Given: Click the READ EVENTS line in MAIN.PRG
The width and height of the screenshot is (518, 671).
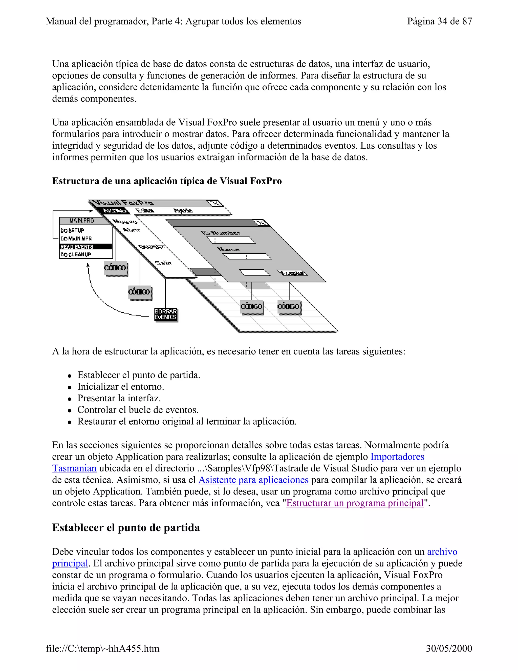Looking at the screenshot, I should coord(85,247).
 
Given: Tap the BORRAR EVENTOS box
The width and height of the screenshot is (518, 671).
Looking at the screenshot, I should coord(166,314).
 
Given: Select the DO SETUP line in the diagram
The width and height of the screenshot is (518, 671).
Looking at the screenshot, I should coord(72,230).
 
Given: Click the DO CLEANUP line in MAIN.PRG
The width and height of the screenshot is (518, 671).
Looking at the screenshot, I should coord(76,254).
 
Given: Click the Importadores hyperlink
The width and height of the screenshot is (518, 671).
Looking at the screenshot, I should coord(397,457).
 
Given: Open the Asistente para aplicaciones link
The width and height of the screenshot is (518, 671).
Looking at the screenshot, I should coord(253,480).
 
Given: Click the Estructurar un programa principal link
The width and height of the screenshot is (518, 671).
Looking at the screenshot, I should coord(355,503).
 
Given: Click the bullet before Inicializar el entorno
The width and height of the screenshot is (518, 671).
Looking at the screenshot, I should coord(70,387).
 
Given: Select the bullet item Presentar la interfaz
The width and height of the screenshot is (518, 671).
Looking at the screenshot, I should coord(119,398).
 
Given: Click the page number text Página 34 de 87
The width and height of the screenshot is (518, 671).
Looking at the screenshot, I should coord(439,21).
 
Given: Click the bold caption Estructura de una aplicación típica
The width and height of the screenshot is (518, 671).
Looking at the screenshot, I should coord(167,181).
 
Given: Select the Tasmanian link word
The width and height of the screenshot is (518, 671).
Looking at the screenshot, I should coord(74,468).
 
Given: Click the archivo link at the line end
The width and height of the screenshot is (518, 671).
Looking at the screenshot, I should coord(442,552).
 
